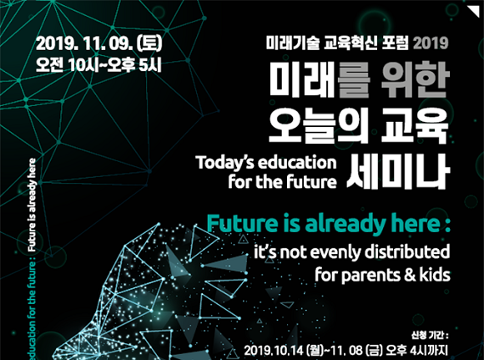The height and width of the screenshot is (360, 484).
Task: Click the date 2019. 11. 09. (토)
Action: (x=98, y=44)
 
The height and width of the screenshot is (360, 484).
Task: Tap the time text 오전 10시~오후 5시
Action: (x=98, y=64)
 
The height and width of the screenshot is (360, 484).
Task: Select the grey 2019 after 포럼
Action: (x=431, y=43)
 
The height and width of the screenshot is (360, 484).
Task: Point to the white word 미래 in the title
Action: (x=302, y=79)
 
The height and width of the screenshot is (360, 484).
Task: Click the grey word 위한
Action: (x=414, y=79)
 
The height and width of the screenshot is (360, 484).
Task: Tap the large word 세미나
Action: (x=397, y=170)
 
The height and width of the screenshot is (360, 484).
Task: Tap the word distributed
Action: (x=407, y=252)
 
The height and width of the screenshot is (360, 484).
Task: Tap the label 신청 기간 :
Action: (x=430, y=335)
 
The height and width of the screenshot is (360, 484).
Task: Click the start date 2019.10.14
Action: (x=274, y=351)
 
